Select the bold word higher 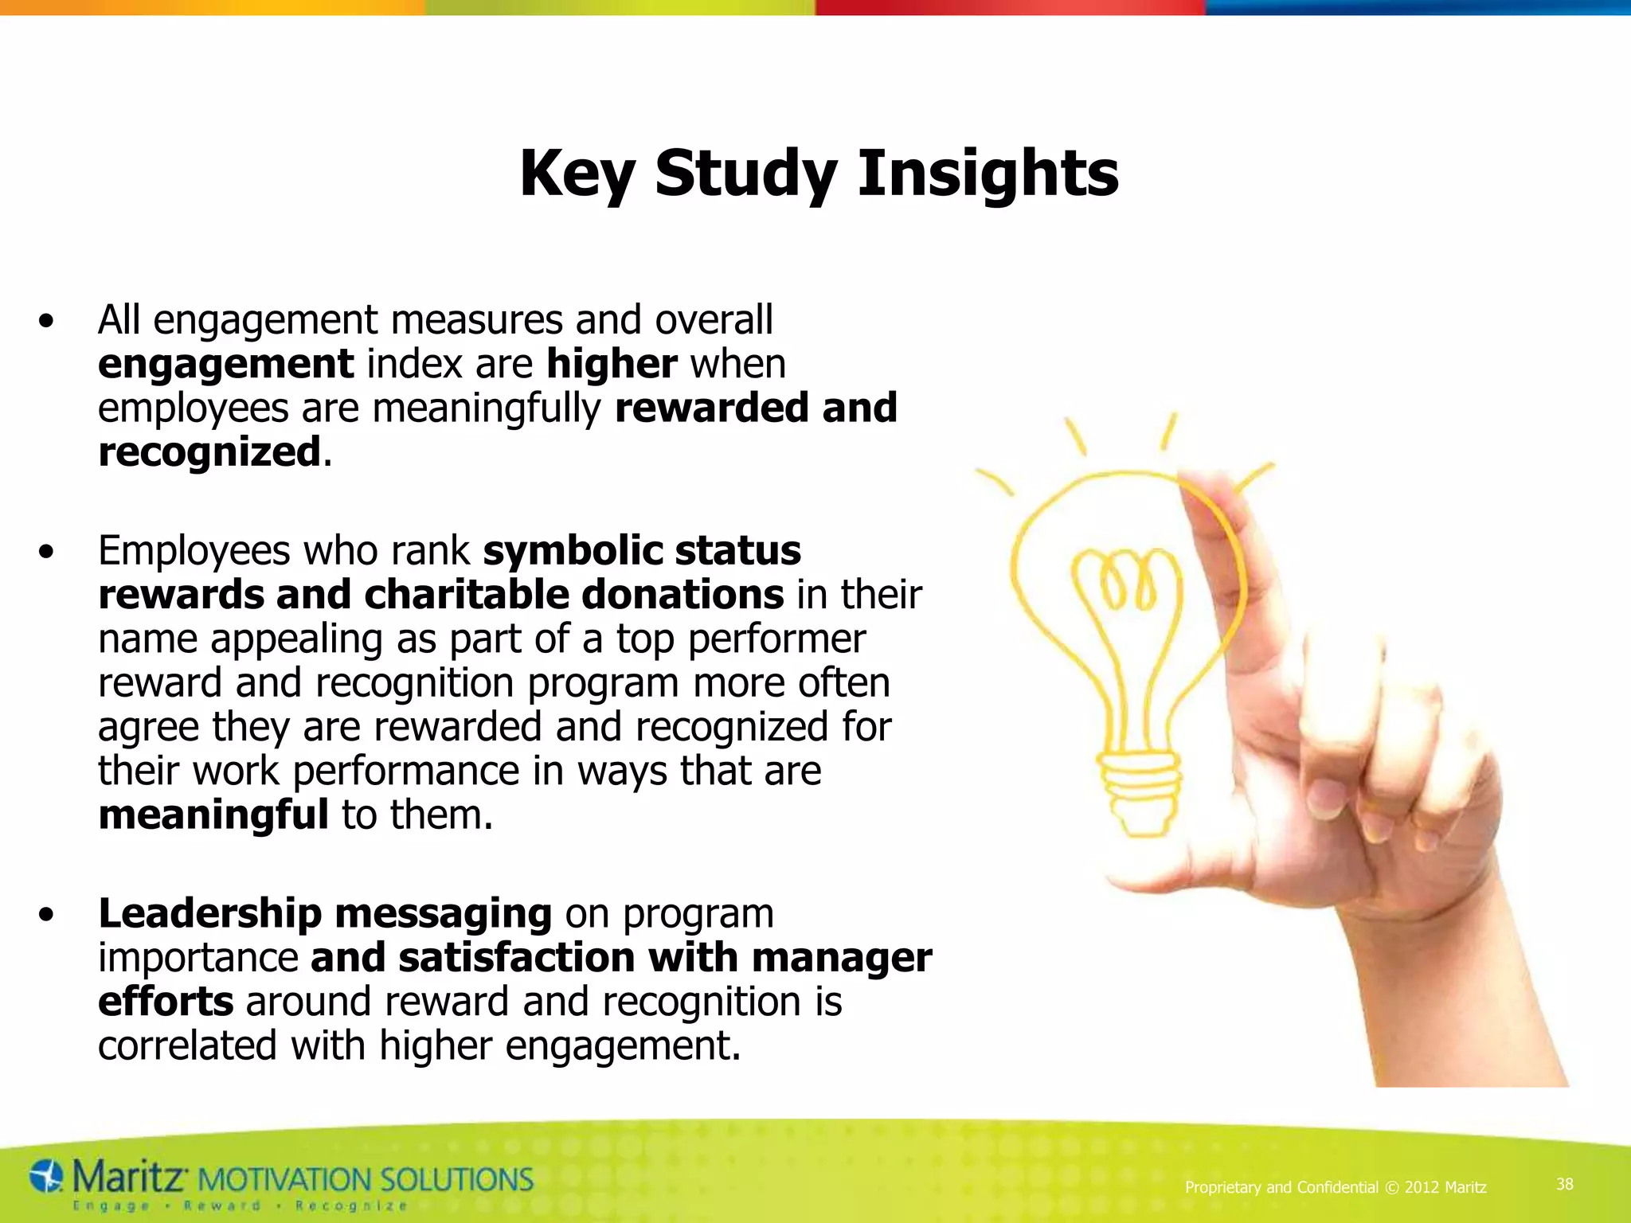pos(612,364)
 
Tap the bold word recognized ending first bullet pos(209,452)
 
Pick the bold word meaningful pos(213,815)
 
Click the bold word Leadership pos(209,913)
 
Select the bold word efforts pos(166,1002)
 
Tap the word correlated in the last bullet pos(187,1045)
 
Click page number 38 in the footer pos(1565,1184)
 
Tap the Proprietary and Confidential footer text pos(1336,1187)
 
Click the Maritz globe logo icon pos(46,1176)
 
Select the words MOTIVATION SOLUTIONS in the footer pos(364,1179)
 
